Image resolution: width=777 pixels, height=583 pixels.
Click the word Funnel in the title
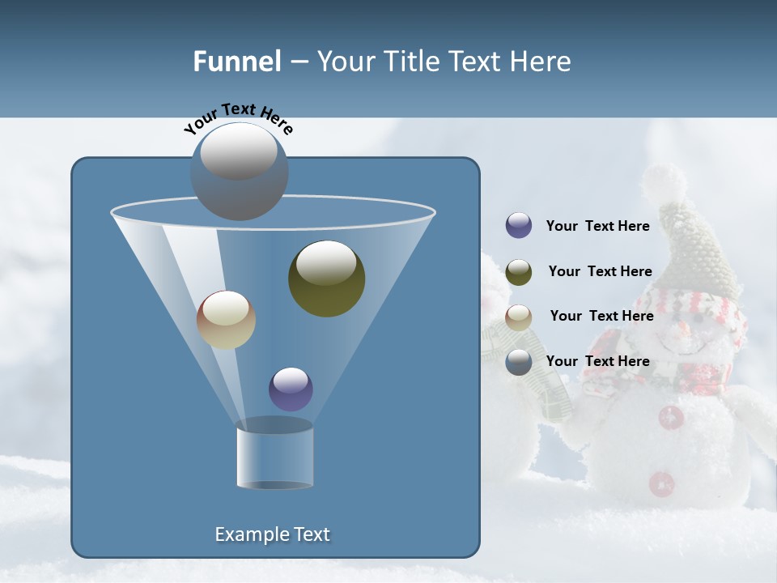coord(236,62)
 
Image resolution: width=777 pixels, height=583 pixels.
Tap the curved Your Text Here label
coord(238,117)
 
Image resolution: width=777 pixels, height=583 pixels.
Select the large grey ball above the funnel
coord(239,171)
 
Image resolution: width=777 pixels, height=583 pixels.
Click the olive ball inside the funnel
coord(326,278)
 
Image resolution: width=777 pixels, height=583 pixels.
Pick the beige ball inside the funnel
coord(226,320)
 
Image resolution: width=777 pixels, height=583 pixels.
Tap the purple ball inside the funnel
coord(291,389)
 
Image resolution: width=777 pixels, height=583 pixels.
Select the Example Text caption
coord(272,534)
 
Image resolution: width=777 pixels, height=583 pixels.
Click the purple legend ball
coord(519,226)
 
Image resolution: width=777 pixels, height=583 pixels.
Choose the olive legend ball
coord(519,272)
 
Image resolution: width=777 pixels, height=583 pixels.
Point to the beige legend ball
coord(519,317)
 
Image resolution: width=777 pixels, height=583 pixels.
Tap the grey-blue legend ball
coord(519,362)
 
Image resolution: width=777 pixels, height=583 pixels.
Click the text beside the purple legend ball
coord(597,226)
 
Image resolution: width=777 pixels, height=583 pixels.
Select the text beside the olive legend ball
coord(600,271)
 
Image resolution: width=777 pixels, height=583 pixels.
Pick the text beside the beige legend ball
coord(601,316)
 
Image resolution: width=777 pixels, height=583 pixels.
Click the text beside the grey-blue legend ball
coord(597,361)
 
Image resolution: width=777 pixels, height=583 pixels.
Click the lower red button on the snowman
coord(662,483)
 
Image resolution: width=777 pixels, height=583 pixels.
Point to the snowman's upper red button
coord(671,417)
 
